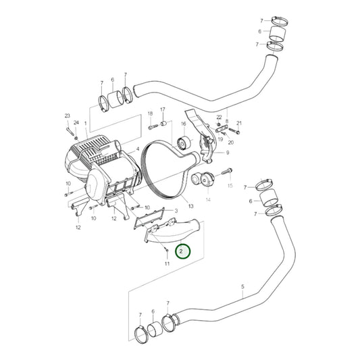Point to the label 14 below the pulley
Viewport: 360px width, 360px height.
pyautogui.click(x=207, y=201)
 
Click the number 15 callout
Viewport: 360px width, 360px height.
pyautogui.click(x=230, y=185)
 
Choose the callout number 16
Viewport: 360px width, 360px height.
pyautogui.click(x=183, y=124)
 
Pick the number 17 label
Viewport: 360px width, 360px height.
pyautogui.click(x=162, y=109)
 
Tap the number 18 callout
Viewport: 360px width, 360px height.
pyautogui.click(x=149, y=113)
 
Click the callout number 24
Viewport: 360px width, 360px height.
pyautogui.click(x=76, y=122)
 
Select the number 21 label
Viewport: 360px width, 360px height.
pyautogui.click(x=238, y=123)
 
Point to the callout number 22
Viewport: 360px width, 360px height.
pyautogui.click(x=220, y=118)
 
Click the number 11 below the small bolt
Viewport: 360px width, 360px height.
pyautogui.click(x=167, y=263)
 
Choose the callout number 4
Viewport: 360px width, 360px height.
pyautogui.click(x=138, y=149)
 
